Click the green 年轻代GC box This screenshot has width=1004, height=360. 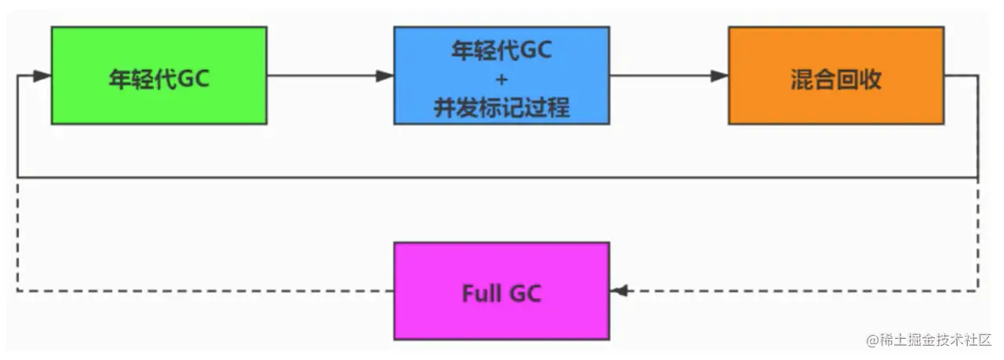[x=159, y=75]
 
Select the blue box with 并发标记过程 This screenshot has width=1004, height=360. [x=501, y=75]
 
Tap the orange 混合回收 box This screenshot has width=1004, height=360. [x=836, y=75]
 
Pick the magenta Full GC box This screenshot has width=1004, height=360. [x=501, y=291]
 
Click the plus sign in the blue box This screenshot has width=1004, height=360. [x=502, y=80]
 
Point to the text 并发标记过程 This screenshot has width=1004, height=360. [x=501, y=107]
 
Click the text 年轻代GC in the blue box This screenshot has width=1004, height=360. [x=501, y=49]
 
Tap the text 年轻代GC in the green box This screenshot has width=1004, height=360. [x=159, y=79]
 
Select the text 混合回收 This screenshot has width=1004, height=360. [x=836, y=80]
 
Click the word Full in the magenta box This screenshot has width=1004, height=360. [x=482, y=293]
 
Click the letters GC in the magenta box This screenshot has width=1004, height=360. [x=526, y=293]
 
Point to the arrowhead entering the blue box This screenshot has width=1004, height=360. [x=385, y=76]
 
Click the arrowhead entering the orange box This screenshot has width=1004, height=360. [x=719, y=76]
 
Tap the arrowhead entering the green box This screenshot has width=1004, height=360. [x=42, y=76]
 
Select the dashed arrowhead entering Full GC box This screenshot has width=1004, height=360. [x=619, y=291]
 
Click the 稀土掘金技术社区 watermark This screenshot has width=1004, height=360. [x=936, y=340]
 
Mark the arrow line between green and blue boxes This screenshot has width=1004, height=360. [x=330, y=76]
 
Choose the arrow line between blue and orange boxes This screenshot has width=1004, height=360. [x=669, y=76]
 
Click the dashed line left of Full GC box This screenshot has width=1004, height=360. [x=206, y=291]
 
